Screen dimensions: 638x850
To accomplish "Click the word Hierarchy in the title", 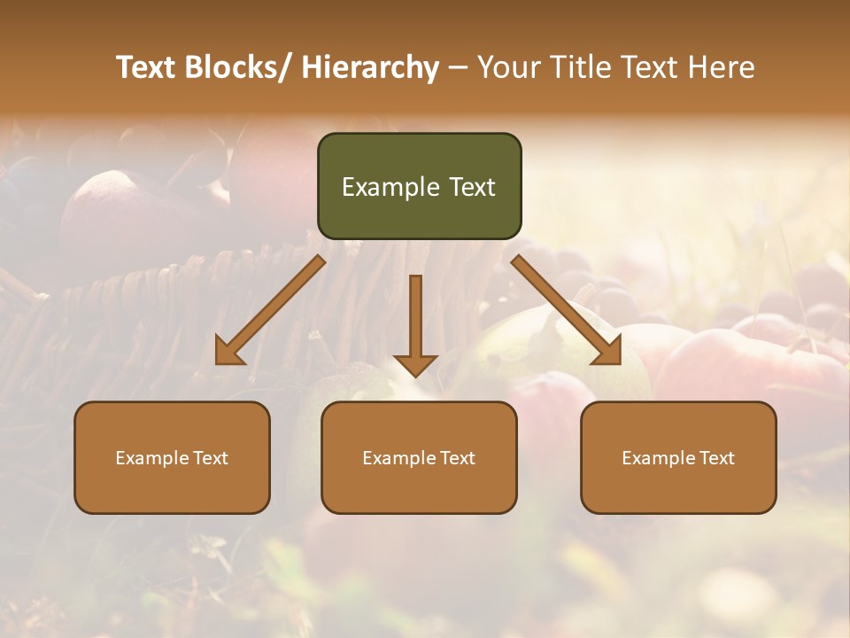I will click(370, 68).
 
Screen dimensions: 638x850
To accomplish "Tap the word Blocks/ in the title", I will click(237, 68).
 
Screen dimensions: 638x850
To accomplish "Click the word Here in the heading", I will click(722, 68).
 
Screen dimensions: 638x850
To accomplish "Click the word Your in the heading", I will click(507, 68).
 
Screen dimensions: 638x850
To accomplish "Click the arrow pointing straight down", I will click(415, 323).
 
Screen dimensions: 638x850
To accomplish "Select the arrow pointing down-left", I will click(271, 310).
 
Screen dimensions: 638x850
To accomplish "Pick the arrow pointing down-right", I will click(567, 310).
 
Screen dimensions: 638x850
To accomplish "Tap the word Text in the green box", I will click(472, 187).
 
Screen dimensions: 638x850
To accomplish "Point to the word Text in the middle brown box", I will click(457, 458).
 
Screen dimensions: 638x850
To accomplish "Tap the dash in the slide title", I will click(458, 68).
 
